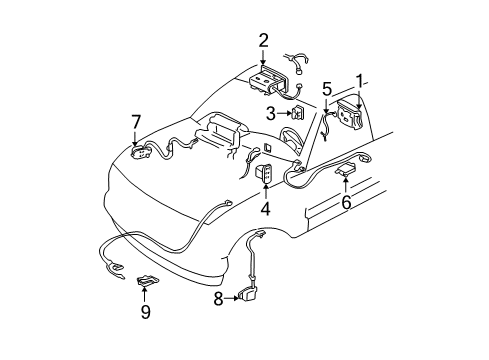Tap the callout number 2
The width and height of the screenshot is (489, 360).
pyautogui.click(x=262, y=41)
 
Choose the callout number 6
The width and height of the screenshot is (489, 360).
pyautogui.click(x=347, y=200)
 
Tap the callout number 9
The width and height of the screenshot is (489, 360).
pyautogui.click(x=145, y=311)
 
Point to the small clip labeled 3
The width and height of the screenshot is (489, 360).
pyautogui.click(x=297, y=113)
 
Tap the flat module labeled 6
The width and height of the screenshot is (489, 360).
pyautogui.click(x=348, y=171)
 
